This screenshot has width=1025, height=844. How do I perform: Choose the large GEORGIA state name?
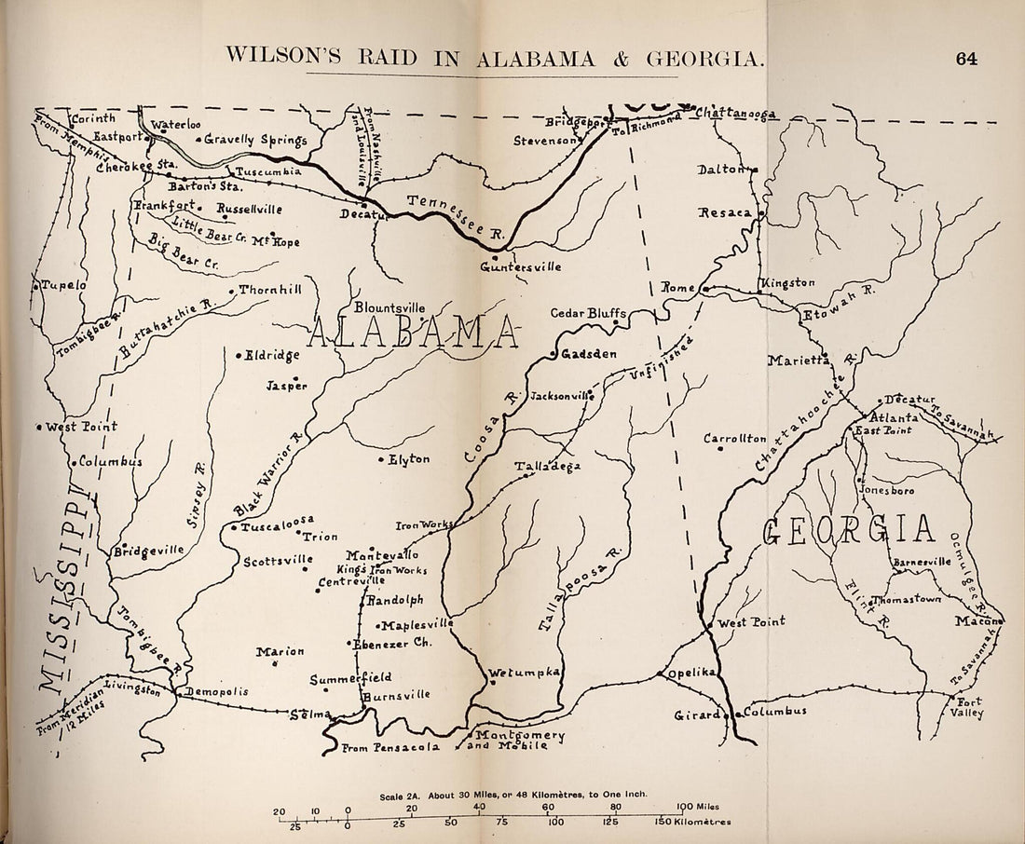848,529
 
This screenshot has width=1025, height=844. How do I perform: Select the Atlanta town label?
895,418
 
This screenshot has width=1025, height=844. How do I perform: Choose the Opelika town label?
684,673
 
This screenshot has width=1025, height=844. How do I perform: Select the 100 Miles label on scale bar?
699,806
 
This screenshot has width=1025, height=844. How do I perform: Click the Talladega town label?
547,466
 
